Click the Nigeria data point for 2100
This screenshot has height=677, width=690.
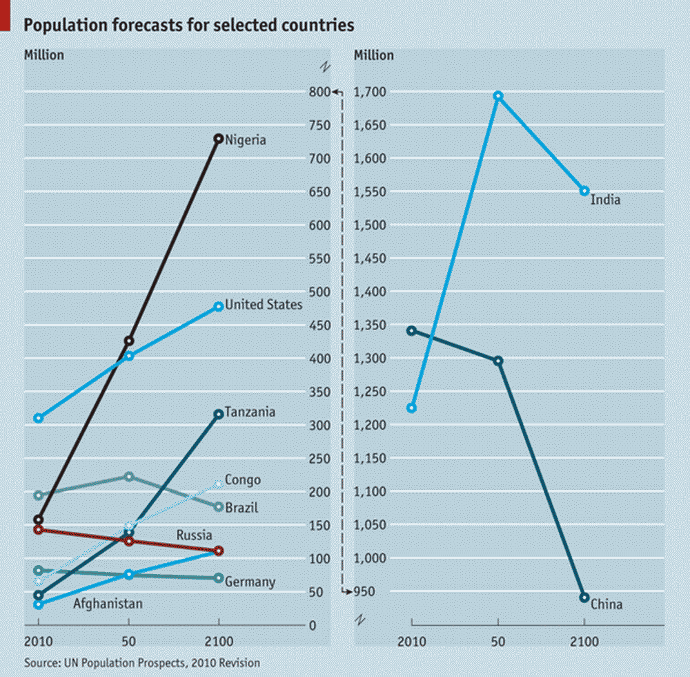218,139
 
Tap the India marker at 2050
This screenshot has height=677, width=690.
497,96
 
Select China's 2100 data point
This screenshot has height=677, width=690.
584,598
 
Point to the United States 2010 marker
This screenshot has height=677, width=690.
39,418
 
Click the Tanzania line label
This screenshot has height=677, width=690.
250,412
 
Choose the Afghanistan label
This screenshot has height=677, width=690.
108,604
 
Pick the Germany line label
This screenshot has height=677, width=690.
250,582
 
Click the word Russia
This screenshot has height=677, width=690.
194,535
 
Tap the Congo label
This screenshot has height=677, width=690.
243,480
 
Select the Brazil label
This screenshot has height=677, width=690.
241,508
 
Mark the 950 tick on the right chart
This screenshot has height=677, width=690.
362,592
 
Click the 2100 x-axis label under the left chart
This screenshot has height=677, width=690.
218,639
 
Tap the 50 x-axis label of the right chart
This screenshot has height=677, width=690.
497,639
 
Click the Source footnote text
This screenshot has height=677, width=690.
142,663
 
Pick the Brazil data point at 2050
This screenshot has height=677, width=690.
128,477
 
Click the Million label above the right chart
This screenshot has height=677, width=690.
373,55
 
